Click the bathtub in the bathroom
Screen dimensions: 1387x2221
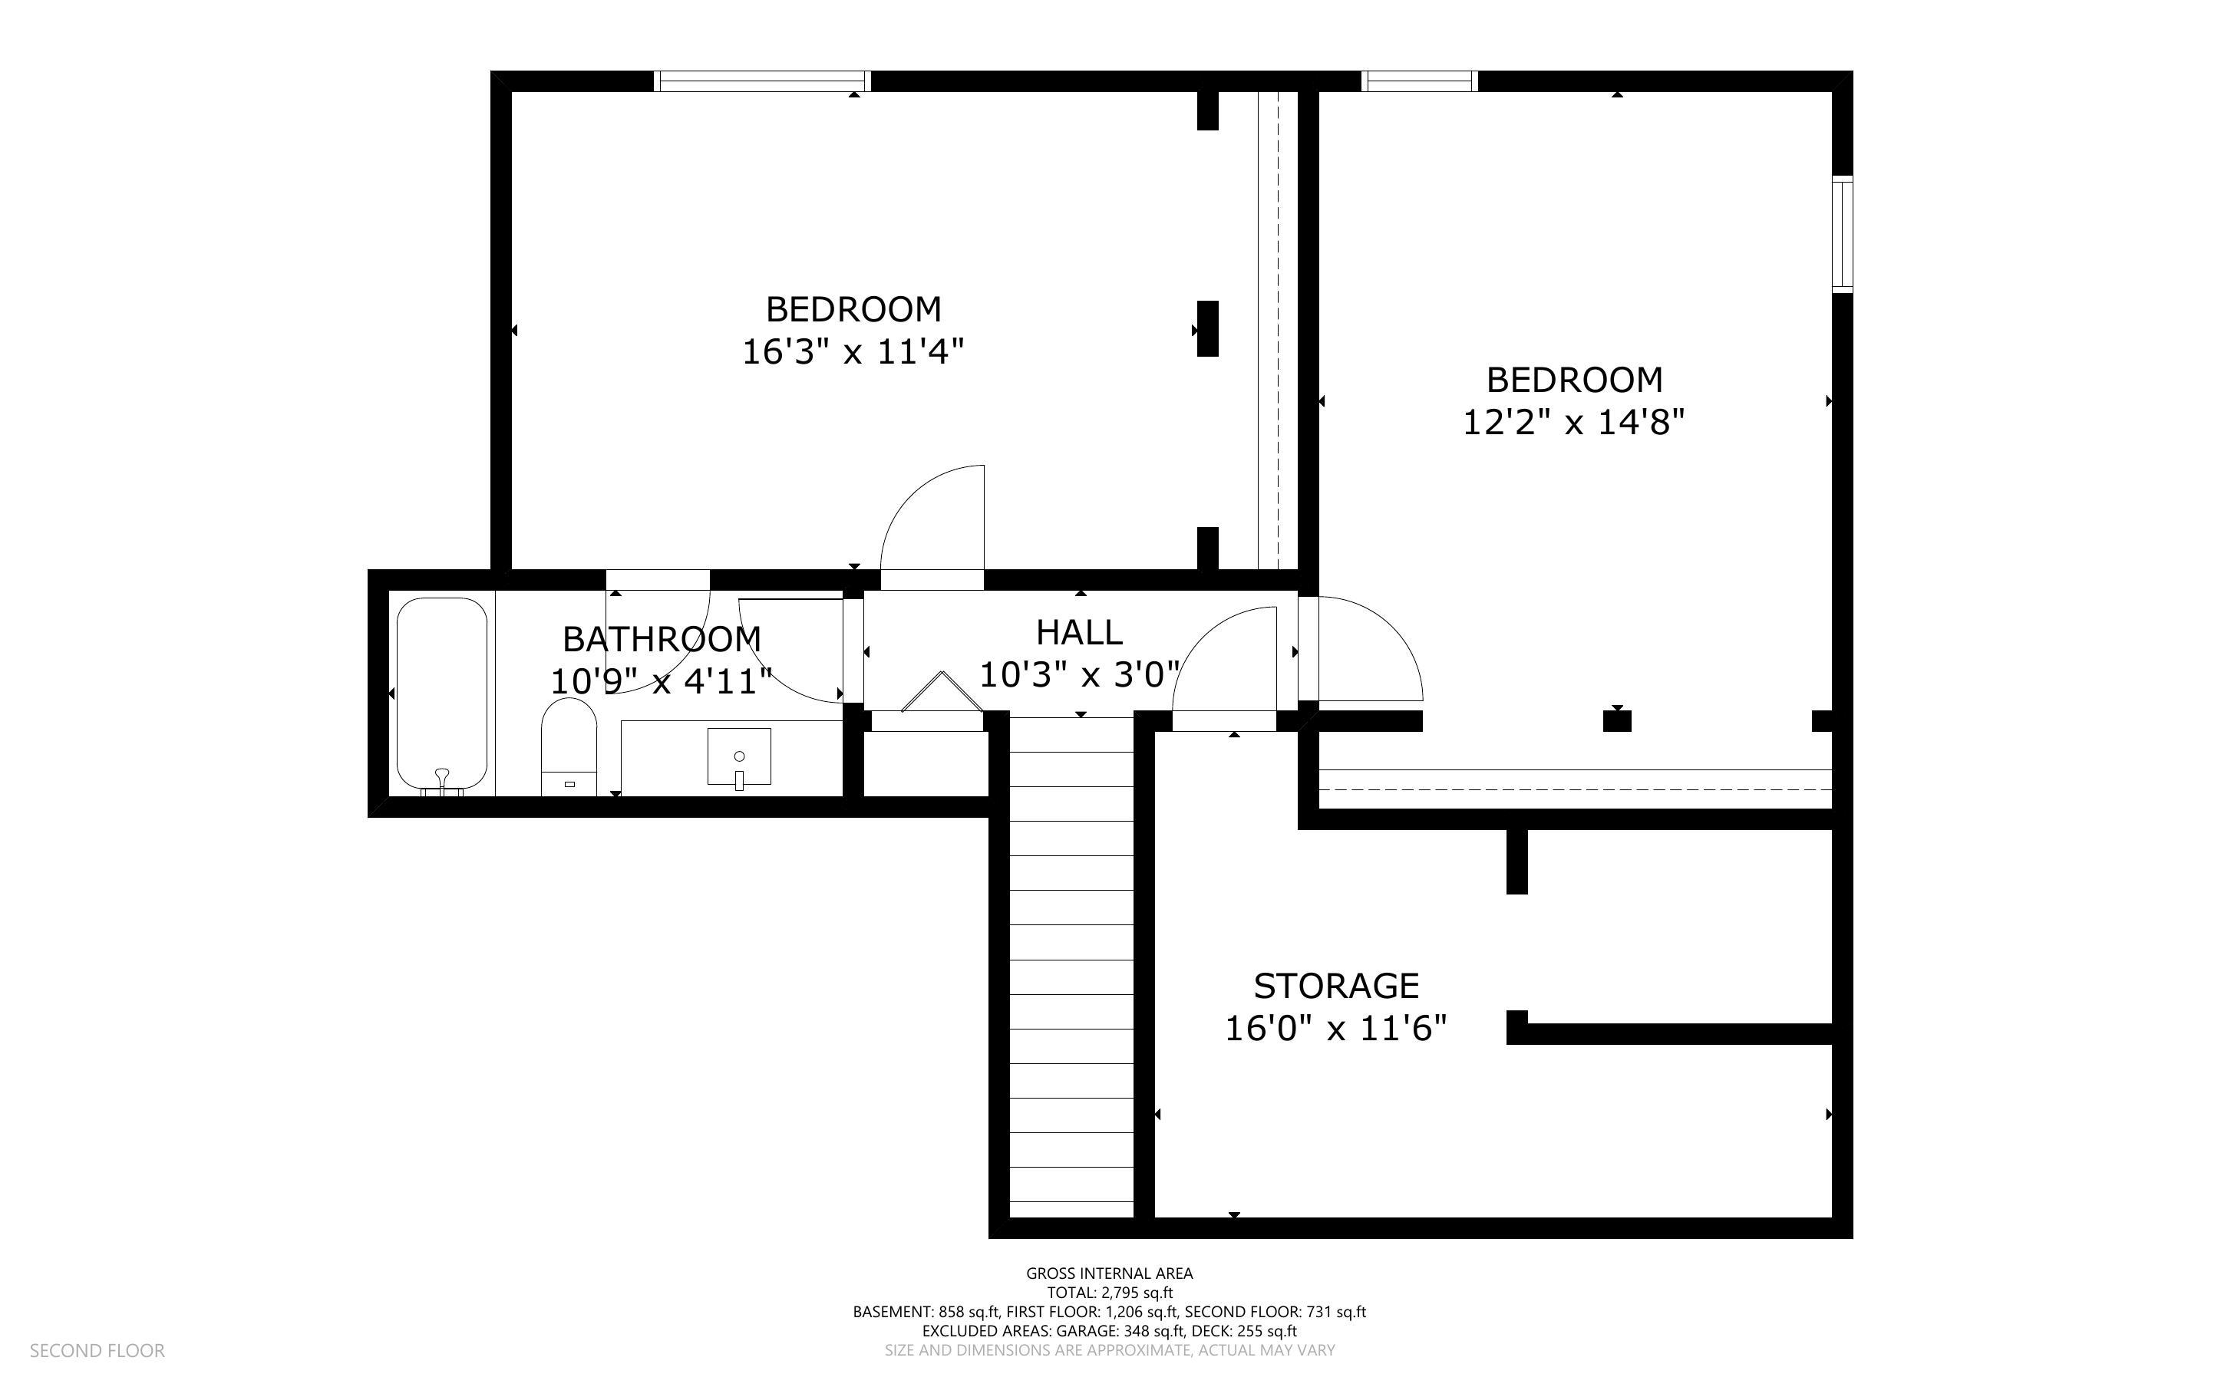tap(441, 693)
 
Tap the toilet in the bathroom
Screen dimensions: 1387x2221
tap(569, 745)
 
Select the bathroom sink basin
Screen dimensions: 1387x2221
tap(738, 756)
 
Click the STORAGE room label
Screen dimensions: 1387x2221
tap(1335, 986)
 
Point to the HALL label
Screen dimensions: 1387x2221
tap(1079, 633)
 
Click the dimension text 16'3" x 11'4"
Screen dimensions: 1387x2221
tap(853, 352)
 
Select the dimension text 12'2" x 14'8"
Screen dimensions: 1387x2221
tap(1573, 423)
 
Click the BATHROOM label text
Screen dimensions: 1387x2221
tap(662, 638)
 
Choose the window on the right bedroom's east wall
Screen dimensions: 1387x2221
tap(1842, 234)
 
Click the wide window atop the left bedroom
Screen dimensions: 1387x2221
tap(762, 81)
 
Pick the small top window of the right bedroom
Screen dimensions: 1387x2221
tap(1420, 81)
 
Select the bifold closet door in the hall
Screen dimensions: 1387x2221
tap(940, 693)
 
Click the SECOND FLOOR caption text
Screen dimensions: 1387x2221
tap(97, 1351)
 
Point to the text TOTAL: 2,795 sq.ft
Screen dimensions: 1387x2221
tap(1109, 1293)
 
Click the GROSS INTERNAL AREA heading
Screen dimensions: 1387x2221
tap(1109, 1273)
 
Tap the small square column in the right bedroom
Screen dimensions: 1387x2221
tap(1616, 721)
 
